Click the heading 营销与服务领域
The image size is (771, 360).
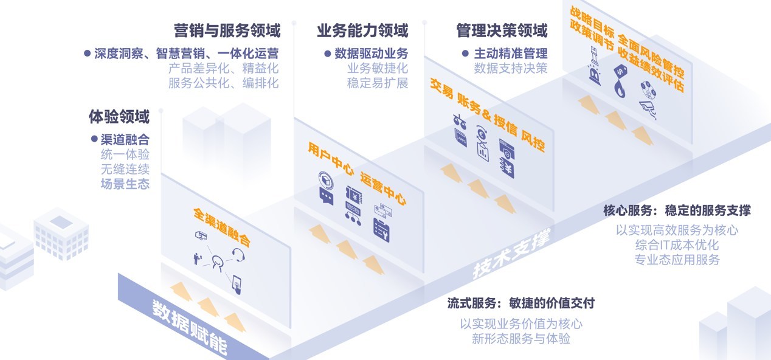(226, 30)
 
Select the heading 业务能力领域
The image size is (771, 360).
(362, 30)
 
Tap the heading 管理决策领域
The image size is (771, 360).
(502, 30)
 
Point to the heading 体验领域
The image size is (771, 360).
(119, 116)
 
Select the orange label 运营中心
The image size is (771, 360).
(382, 189)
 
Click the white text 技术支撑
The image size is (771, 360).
(511, 255)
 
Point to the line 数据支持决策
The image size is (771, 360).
(510, 68)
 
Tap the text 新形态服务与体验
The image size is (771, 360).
(520, 339)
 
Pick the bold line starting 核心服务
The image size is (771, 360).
(676, 210)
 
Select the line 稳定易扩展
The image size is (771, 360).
(377, 83)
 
